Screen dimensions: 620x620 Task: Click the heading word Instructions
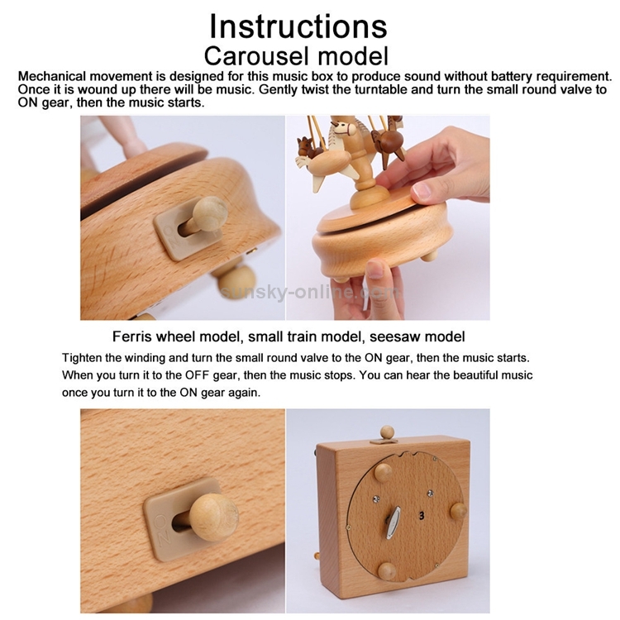coord(298,26)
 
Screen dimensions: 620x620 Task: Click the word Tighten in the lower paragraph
coord(81,358)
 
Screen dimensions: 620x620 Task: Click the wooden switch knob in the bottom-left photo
coord(213,514)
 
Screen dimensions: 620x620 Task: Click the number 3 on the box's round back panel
coord(422,516)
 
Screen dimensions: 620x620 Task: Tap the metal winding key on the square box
coord(392,522)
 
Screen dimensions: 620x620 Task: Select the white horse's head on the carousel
coord(345,127)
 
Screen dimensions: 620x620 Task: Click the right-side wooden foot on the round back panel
coord(458,511)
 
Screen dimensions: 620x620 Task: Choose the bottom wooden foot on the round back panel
coord(387,572)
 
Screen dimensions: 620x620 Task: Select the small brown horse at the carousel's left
coord(308,146)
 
